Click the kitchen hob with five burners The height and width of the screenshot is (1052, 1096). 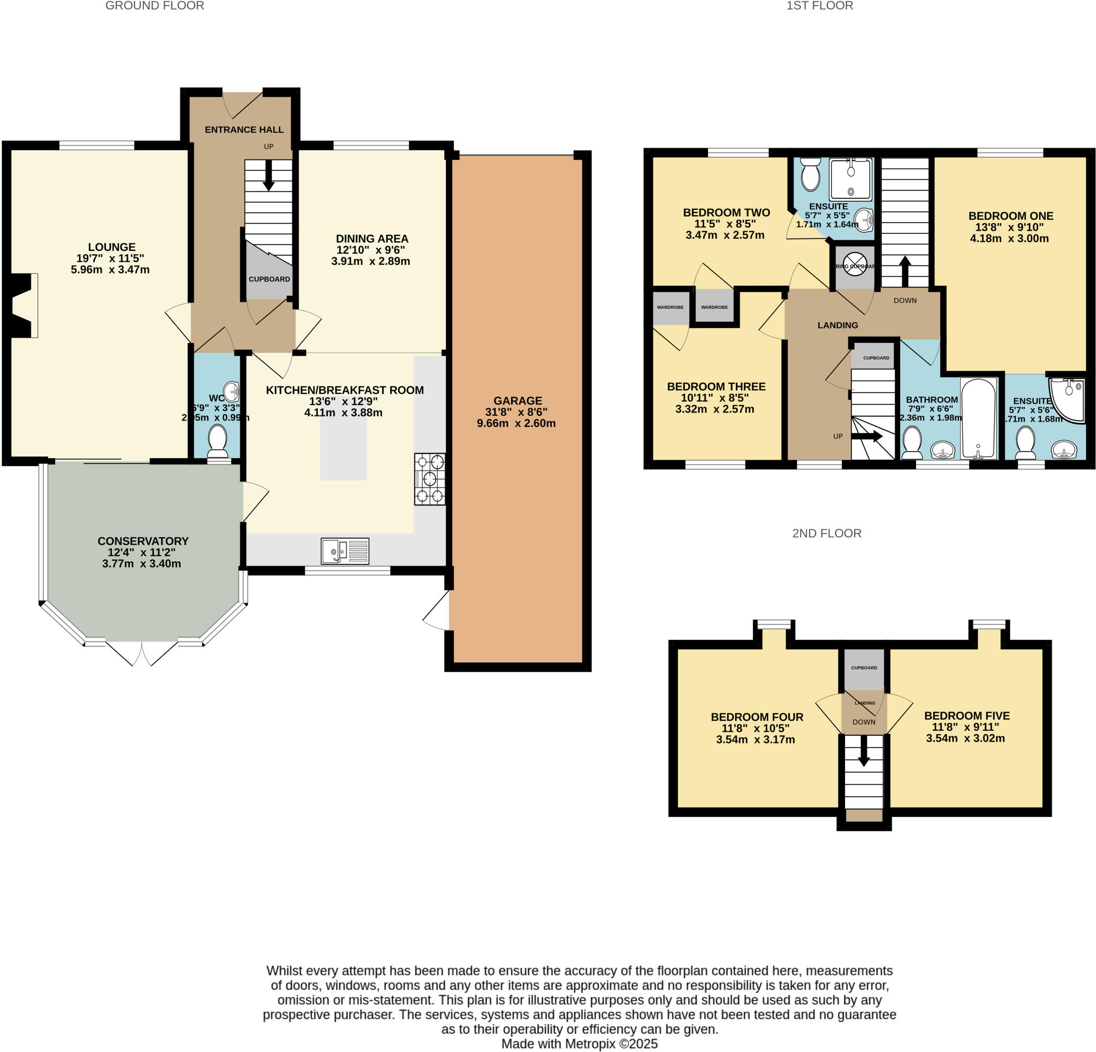tap(429, 479)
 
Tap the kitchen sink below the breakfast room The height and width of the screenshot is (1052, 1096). tap(345, 551)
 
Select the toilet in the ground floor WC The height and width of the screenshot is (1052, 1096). tap(217, 441)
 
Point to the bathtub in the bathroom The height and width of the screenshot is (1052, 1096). tap(979, 418)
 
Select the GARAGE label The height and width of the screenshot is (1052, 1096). tap(517, 401)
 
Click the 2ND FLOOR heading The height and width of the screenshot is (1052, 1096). tap(826, 533)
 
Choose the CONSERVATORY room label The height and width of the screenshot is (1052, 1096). tap(142, 541)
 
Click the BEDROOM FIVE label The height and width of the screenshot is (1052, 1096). tap(967, 715)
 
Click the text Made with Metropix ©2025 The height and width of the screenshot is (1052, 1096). tap(580, 1043)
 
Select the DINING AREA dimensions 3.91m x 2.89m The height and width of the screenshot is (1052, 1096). tap(370, 261)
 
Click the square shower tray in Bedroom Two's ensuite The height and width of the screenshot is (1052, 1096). tap(850, 179)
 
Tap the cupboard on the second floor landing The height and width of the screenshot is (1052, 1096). tap(864, 669)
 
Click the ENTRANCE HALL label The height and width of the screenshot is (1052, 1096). tap(244, 129)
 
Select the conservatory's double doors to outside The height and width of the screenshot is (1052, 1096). tap(141, 652)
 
